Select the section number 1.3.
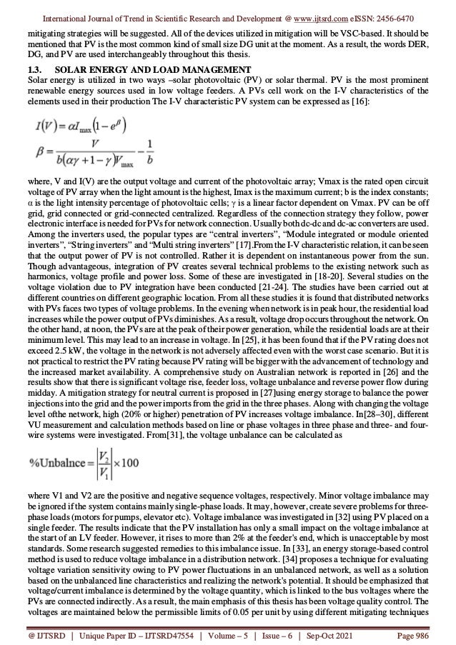click(x=32, y=69)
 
